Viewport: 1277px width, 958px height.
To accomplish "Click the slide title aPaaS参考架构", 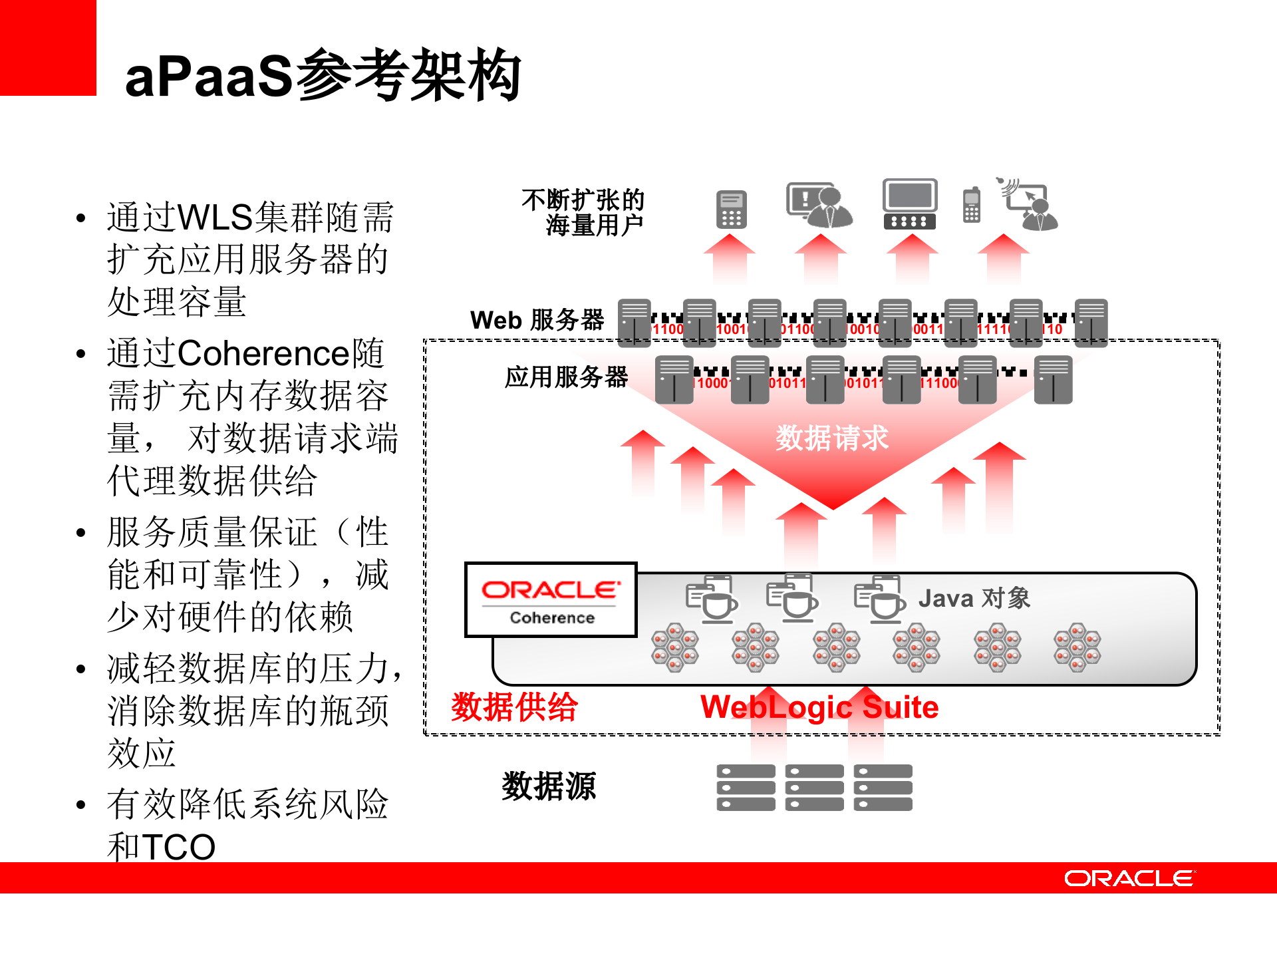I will tap(323, 75).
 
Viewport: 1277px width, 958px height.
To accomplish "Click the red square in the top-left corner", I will tap(48, 48).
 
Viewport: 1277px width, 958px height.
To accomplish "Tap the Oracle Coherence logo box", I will tap(551, 600).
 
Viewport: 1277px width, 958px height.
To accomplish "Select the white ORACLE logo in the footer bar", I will tap(1129, 878).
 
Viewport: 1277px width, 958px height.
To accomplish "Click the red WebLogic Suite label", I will tap(819, 707).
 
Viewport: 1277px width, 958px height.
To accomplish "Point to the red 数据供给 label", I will tap(514, 707).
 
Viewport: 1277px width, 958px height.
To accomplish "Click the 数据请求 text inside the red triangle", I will tap(831, 438).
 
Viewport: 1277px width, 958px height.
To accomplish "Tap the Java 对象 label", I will tap(974, 598).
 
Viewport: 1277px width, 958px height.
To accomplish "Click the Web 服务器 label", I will tap(537, 320).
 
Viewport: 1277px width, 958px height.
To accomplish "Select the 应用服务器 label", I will tap(566, 377).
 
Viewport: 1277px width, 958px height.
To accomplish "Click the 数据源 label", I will tap(549, 786).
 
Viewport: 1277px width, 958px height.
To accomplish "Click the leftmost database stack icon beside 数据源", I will tap(746, 788).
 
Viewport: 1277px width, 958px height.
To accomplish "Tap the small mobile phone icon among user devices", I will tap(972, 206).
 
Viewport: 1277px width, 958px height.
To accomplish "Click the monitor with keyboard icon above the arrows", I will tap(909, 204).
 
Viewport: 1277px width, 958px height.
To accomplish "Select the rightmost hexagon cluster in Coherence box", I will tap(1077, 647).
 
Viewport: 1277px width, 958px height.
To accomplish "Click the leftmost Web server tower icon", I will tap(635, 323).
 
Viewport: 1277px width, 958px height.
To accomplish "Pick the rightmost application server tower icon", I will tap(1053, 380).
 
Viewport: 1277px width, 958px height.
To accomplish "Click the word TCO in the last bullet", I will tap(179, 847).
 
